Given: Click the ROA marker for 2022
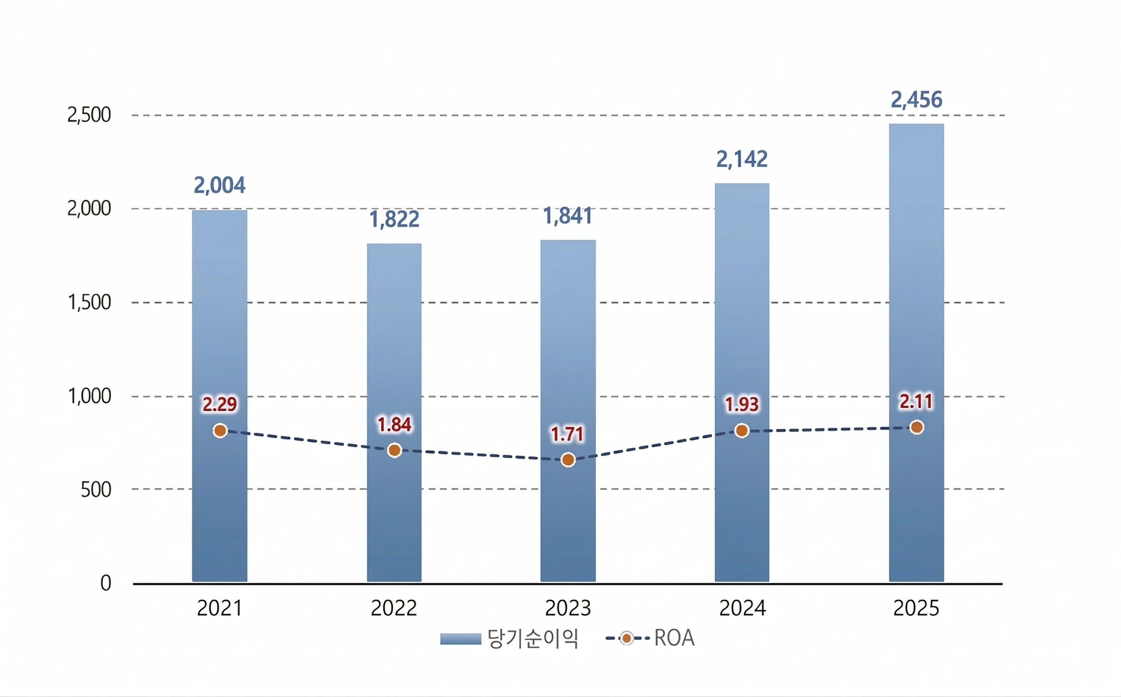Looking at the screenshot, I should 394,450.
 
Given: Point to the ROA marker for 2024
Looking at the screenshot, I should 742,431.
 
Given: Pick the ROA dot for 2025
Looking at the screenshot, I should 917,427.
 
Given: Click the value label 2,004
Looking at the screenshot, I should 220,185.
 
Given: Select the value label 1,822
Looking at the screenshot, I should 394,219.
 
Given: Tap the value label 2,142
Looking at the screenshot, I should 742,159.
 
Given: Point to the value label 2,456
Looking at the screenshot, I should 916,100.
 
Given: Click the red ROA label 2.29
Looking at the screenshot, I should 220,404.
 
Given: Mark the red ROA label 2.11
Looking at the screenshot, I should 916,402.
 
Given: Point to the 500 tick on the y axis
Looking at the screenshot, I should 96,490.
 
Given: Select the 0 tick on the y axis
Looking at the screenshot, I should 106,584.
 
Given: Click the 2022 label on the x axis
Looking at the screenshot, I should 394,608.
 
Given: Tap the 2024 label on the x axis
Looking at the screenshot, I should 742,608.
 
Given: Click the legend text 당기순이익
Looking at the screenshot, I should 533,639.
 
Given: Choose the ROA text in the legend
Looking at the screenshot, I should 674,638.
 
